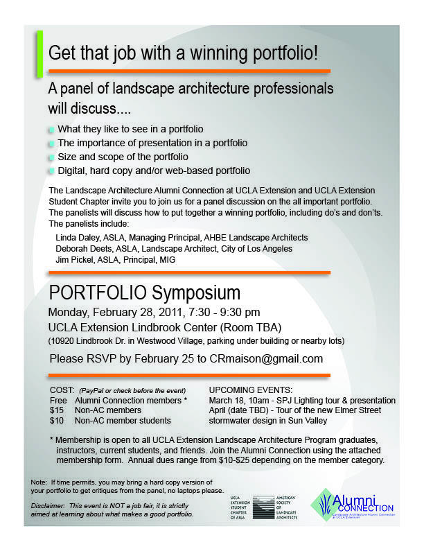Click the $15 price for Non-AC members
pos(58,410)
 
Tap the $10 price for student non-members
pos(58,421)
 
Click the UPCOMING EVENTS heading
pos(251,390)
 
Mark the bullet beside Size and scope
pos(52,157)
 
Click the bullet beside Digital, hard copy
pos(52,171)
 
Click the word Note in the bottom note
pos(38,481)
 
